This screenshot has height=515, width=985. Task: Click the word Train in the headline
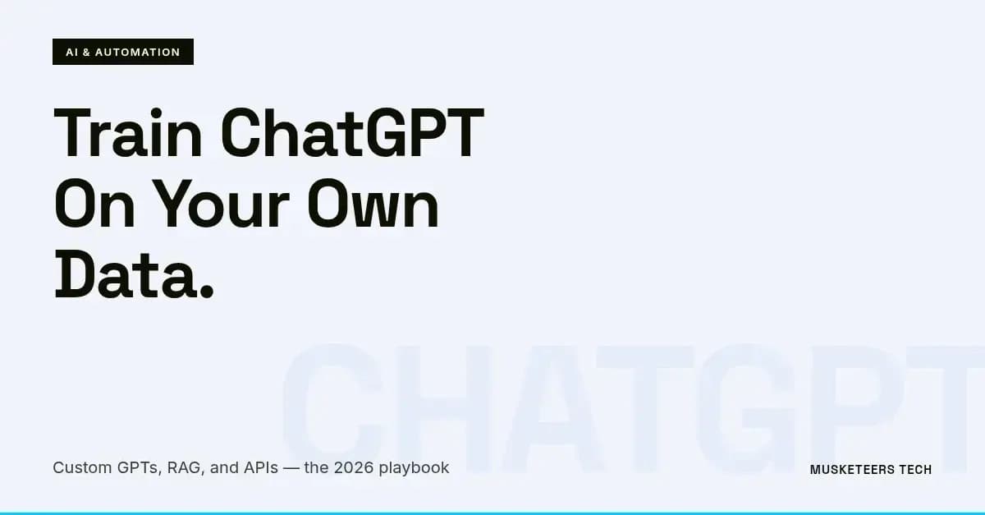(x=127, y=134)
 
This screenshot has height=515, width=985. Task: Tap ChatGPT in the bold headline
(x=353, y=134)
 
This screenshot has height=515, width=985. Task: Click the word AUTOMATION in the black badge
(x=137, y=52)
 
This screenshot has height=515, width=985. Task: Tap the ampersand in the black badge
(x=86, y=52)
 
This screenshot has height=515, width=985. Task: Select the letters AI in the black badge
(x=71, y=52)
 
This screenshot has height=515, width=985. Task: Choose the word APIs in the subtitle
(x=260, y=467)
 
